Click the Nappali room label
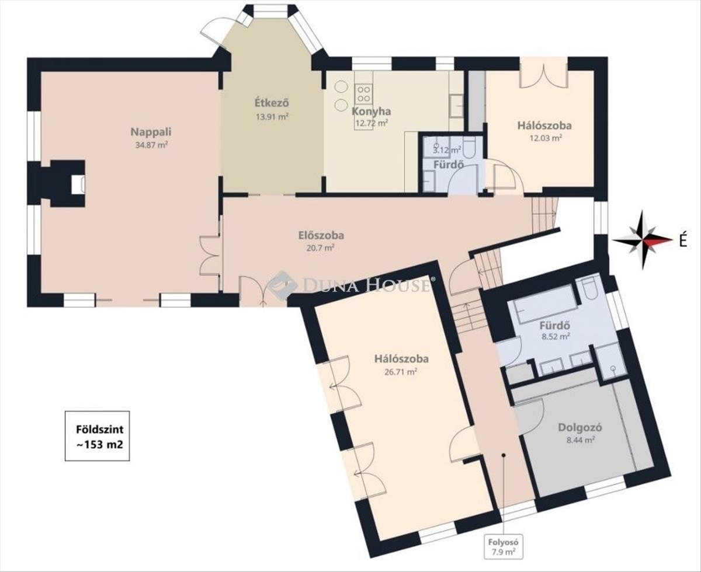151,132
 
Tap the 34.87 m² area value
151,145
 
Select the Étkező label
272,103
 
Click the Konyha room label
372,111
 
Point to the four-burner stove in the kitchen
363,93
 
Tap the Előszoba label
321,235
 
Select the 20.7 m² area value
320,248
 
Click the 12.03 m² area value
546,138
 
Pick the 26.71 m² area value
401,372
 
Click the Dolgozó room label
580,427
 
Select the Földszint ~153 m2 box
97,436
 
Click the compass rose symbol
643,239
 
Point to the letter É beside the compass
683,241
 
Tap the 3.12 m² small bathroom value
447,150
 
